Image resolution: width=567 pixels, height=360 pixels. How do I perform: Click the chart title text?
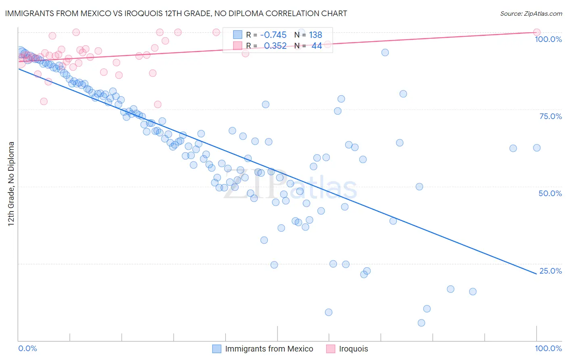click(176, 13)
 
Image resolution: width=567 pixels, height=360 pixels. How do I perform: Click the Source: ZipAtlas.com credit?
click(531, 13)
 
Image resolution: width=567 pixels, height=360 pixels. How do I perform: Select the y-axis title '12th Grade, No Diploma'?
click(11, 184)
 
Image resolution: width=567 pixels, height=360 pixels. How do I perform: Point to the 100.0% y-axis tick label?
click(548, 39)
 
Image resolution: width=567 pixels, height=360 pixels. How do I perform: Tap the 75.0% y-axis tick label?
click(550, 116)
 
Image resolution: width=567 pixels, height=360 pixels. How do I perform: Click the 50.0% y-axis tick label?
click(550, 193)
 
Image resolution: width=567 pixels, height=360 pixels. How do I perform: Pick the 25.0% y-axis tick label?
click(550, 271)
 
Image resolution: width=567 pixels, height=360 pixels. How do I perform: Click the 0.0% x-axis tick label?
click(28, 348)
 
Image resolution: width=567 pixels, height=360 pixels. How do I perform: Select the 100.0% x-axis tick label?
click(548, 348)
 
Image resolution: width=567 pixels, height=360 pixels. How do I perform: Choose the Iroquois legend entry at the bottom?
click(353, 349)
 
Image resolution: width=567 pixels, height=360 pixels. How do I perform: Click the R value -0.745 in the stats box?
click(273, 35)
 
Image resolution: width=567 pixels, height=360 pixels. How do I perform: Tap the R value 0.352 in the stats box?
click(275, 46)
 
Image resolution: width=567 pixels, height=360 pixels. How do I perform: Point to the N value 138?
click(315, 35)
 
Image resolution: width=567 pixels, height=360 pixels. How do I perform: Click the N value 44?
click(317, 46)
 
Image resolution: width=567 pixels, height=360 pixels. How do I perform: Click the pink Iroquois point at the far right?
click(536, 32)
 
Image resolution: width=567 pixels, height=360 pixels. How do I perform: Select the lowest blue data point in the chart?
click(421, 323)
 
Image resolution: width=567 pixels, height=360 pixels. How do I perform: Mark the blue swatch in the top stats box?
click(238, 35)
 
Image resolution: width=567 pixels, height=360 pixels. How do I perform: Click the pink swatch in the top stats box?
click(238, 46)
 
